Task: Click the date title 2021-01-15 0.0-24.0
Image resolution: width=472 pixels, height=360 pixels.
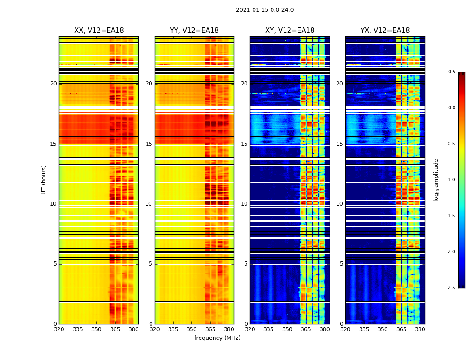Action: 265,10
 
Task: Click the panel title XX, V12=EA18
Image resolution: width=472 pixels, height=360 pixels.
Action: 99,31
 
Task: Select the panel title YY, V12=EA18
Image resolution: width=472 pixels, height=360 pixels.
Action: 194,31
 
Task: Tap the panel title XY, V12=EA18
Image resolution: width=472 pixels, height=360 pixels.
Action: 289,31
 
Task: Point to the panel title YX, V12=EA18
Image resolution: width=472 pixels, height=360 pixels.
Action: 385,31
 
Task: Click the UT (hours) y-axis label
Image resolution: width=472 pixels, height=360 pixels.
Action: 44,180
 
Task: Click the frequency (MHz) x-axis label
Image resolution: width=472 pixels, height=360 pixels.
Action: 217,338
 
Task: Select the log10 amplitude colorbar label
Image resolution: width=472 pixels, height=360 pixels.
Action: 436,180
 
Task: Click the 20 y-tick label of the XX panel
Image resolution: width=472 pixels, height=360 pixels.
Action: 53,84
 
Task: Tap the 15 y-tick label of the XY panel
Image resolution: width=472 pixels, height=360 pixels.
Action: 244,144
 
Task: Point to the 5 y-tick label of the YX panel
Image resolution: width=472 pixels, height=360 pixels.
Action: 341,264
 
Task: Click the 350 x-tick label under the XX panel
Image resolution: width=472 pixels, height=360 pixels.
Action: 97,329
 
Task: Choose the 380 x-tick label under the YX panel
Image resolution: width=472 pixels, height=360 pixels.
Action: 420,329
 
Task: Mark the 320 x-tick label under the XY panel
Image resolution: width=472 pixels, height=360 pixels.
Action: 250,329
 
